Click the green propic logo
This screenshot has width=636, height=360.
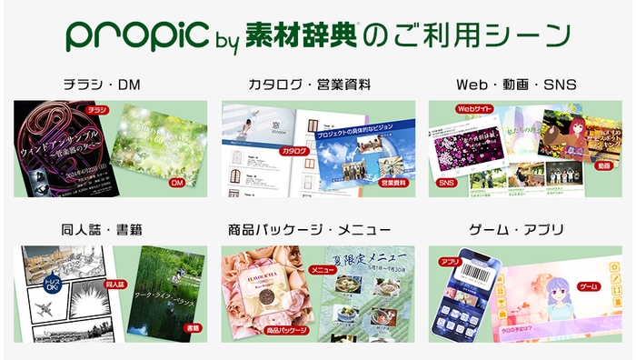pos(137,36)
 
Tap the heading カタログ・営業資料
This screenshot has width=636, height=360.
pos(316,85)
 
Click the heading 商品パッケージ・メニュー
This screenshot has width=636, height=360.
pos(316,229)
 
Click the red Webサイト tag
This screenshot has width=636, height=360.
pos(473,109)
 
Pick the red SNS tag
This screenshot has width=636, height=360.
pos(446,184)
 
